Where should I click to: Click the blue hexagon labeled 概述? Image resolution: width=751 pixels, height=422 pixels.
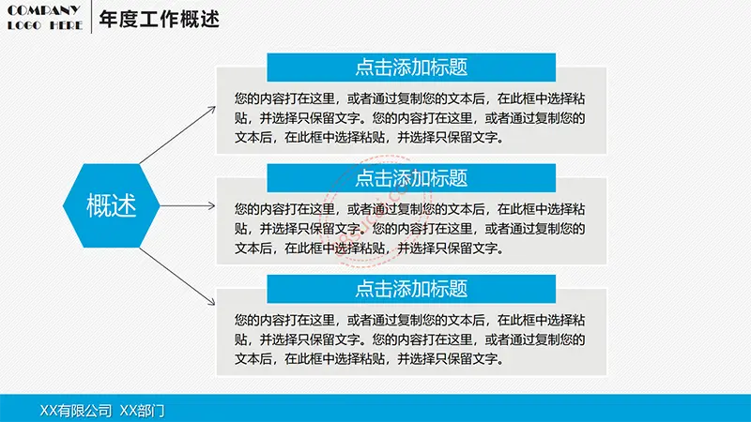[x=111, y=205]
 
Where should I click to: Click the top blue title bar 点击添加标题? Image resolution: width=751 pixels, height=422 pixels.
[x=411, y=67]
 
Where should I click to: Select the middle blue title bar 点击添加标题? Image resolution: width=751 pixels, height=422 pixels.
[x=411, y=178]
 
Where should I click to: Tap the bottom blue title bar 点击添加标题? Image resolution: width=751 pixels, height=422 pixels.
[x=411, y=289]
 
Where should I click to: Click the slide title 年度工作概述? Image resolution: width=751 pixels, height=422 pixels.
[x=159, y=19]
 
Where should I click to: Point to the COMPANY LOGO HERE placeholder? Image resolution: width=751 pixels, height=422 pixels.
[x=44, y=18]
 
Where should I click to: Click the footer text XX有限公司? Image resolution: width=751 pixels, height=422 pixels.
[x=76, y=410]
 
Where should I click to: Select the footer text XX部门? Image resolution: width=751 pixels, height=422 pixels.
[x=142, y=410]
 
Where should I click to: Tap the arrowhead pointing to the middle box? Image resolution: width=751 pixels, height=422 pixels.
[x=212, y=205]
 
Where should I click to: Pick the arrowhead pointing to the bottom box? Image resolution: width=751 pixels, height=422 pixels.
[x=212, y=302]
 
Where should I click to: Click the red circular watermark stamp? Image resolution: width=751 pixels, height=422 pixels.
[x=378, y=210]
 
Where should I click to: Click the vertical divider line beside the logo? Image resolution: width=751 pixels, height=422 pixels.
[x=91, y=17]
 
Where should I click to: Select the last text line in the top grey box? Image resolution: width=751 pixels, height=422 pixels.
[x=369, y=138]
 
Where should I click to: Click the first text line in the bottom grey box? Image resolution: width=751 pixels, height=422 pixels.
[x=409, y=320]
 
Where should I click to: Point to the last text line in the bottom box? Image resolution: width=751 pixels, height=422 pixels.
[x=369, y=359]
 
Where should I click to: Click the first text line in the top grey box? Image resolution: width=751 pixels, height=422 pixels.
[x=409, y=98]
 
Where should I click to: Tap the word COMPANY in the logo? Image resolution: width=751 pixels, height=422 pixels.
[x=43, y=10]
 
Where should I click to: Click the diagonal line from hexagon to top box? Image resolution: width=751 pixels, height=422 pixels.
[x=177, y=135]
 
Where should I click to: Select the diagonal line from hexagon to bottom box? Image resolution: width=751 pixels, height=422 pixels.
[x=177, y=277]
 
